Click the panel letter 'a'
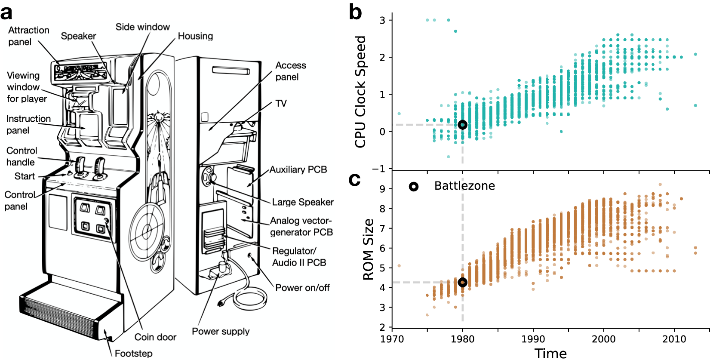(6, 13)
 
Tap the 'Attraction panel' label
(28, 36)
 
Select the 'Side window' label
(142, 27)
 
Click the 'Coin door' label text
(155, 337)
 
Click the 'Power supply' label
(221, 331)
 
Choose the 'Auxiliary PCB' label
(298, 169)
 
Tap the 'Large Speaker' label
(303, 202)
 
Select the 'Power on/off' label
(302, 288)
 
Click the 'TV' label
(281, 103)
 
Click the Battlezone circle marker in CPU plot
(462, 125)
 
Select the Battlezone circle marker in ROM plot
(462, 283)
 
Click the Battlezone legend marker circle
(414, 186)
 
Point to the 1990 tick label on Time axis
(533, 339)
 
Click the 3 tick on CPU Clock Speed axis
(382, 20)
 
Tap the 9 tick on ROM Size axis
(382, 189)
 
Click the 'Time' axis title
(550, 353)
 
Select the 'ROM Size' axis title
(369, 249)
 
